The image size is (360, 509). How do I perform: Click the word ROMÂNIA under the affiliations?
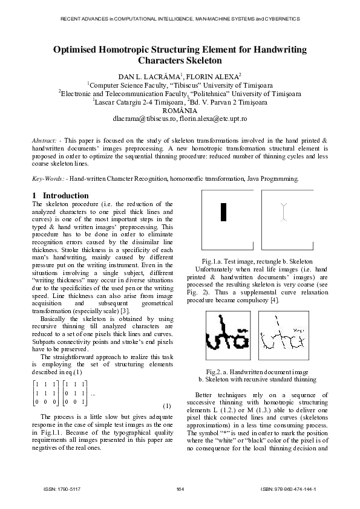click(180, 111)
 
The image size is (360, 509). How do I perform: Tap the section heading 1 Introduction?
click(60, 196)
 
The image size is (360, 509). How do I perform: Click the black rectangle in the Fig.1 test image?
click(223, 213)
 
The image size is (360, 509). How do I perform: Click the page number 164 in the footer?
click(180, 488)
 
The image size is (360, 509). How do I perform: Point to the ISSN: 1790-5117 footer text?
click(60, 488)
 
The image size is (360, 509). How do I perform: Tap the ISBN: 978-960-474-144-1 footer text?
click(289, 488)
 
